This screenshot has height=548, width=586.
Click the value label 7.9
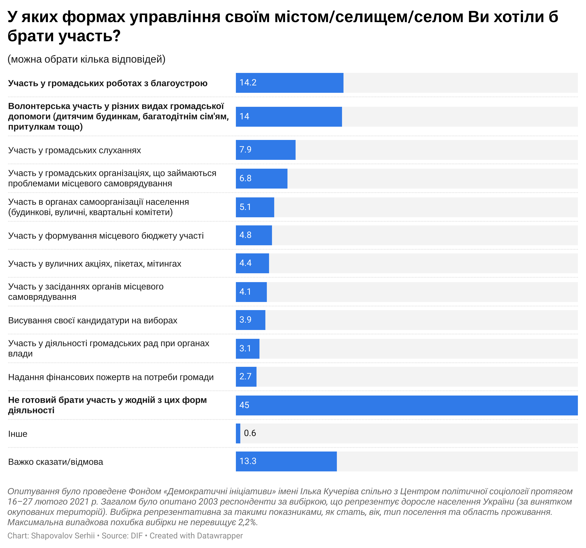[x=245, y=150]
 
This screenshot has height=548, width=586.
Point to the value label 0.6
[x=250, y=433]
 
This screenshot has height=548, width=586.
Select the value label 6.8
[x=245, y=178]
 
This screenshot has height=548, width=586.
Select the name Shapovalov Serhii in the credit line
[x=63, y=536]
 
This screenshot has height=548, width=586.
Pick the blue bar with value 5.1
[x=255, y=207]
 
